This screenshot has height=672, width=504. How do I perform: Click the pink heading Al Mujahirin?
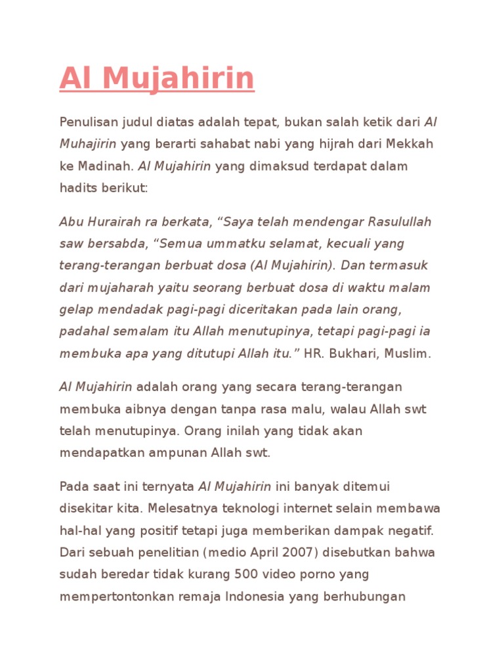point(157,78)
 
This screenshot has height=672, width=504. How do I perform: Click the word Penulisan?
point(86,122)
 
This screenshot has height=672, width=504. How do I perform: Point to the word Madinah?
point(106,166)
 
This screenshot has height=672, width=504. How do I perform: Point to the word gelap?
point(74,309)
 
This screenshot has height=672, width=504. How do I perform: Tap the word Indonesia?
point(255,597)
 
